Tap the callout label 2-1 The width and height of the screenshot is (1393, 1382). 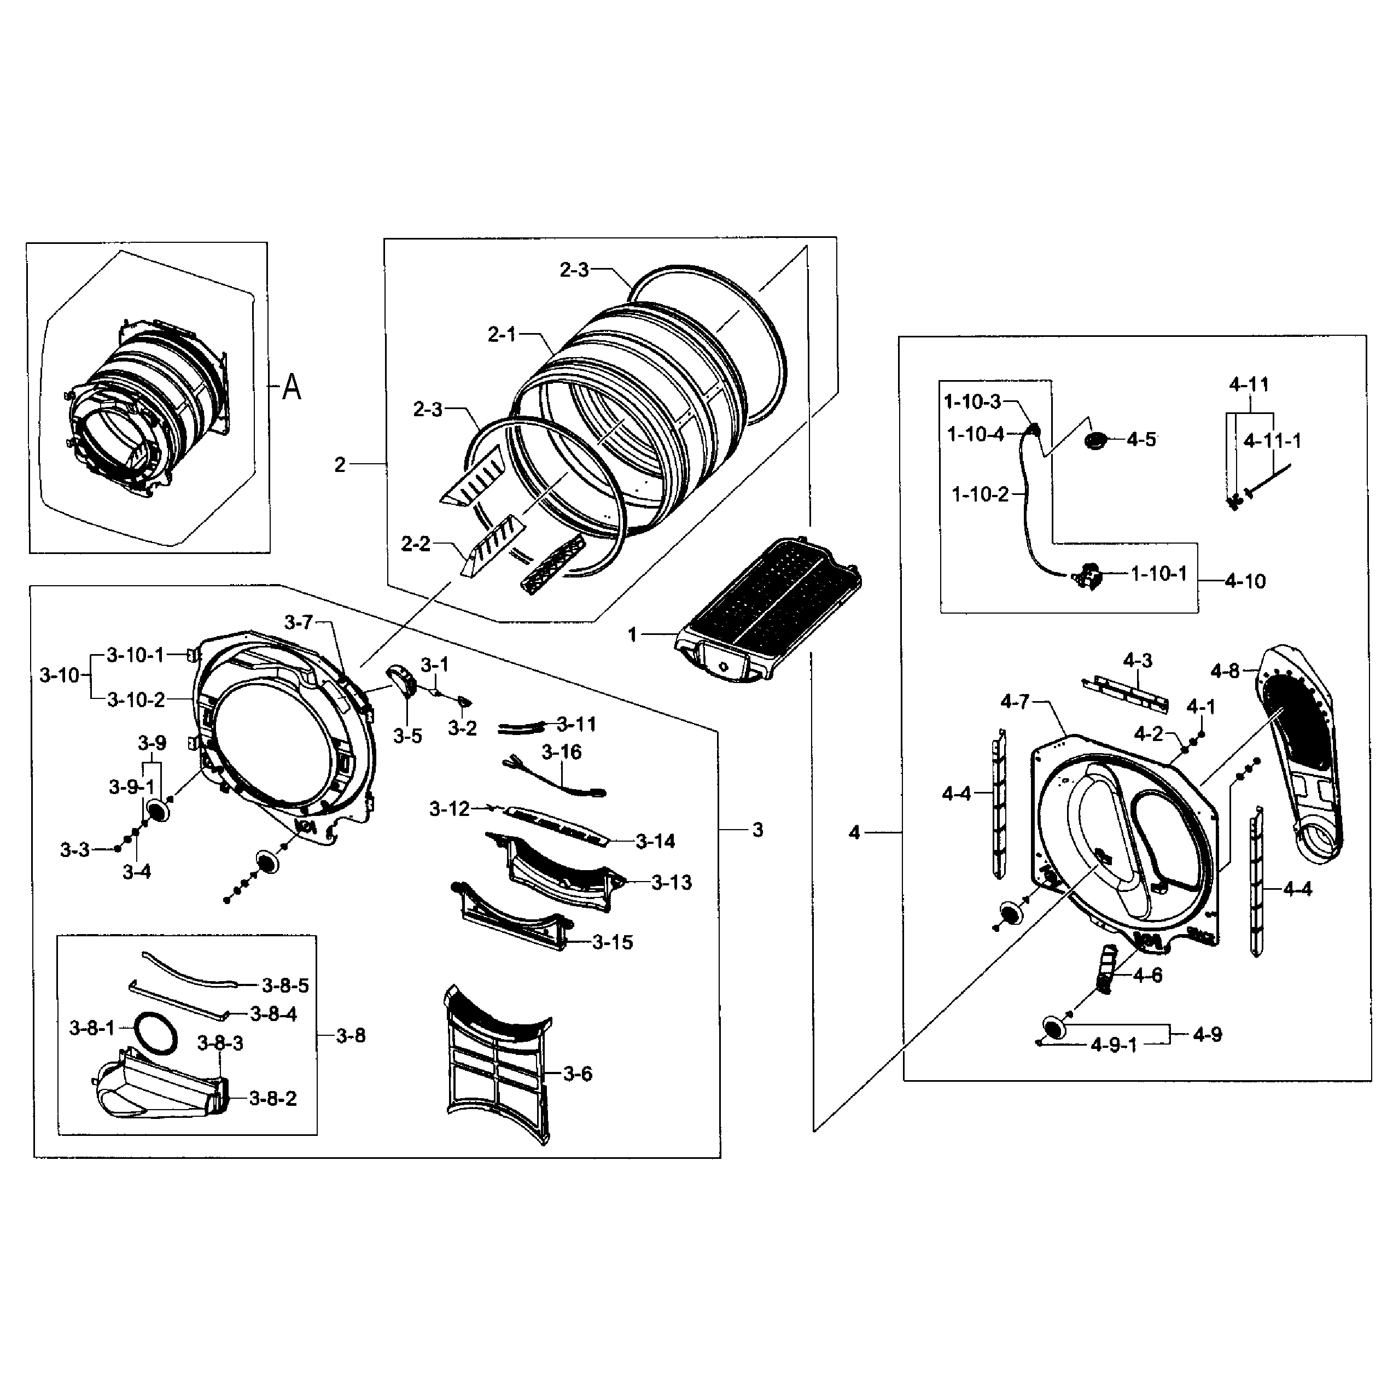pyautogui.click(x=502, y=335)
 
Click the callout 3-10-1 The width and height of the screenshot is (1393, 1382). pyautogui.click(x=136, y=655)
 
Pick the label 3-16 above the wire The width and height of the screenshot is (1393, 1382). pyautogui.click(x=562, y=752)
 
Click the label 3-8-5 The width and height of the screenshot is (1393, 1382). pyautogui.click(x=285, y=986)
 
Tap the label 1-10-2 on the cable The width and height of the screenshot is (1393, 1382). pyautogui.click(x=980, y=494)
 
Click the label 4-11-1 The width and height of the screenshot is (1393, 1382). pyautogui.click(x=1272, y=440)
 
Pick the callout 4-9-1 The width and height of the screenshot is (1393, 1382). pyautogui.click(x=1113, y=1045)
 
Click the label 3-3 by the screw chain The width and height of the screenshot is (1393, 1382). pyautogui.click(x=74, y=850)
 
